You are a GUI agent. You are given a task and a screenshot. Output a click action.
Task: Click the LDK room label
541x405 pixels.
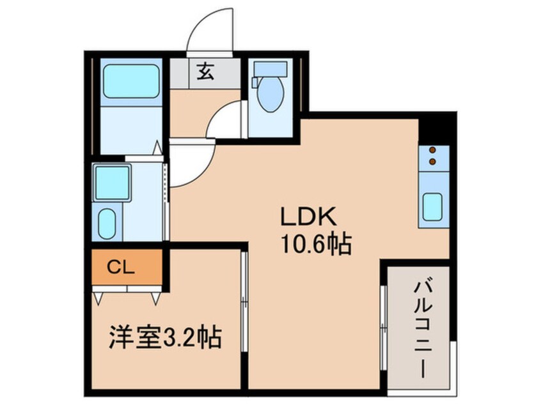click(x=308, y=216)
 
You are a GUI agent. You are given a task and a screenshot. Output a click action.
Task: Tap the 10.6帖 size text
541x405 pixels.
click(x=317, y=244)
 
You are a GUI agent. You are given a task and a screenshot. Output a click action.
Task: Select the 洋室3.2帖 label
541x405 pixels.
click(x=165, y=337)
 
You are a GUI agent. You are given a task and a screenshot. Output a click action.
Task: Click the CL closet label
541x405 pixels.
click(x=120, y=267)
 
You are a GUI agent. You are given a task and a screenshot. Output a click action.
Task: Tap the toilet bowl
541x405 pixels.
click(x=271, y=94)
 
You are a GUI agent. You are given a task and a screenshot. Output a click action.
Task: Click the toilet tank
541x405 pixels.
click(x=270, y=68)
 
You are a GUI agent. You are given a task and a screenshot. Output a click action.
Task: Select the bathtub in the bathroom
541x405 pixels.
click(x=131, y=81)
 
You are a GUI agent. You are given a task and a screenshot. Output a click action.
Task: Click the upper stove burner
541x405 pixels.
click(x=432, y=149)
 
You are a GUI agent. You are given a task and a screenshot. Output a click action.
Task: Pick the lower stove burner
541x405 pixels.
click(x=432, y=161)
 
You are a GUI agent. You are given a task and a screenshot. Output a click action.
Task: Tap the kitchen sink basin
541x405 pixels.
click(x=433, y=207)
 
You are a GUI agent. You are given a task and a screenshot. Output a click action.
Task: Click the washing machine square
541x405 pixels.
click(x=112, y=183)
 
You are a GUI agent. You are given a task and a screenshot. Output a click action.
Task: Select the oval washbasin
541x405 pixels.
click(x=107, y=223)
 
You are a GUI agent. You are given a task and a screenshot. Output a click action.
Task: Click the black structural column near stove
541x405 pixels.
click(x=437, y=128)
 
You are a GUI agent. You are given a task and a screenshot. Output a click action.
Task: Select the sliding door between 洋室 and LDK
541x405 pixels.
click(x=244, y=302)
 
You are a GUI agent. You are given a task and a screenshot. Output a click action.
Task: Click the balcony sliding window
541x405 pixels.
click(x=383, y=328)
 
